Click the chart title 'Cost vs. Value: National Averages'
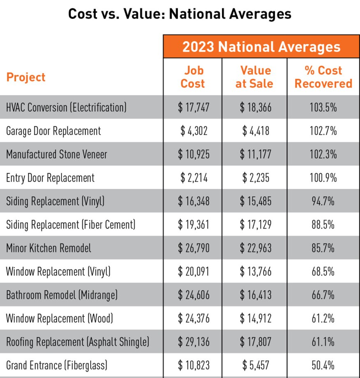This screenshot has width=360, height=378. pyautogui.click(x=180, y=14)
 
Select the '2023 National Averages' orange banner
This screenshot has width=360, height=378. pyautogui.click(x=261, y=47)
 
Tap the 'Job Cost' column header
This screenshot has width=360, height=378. pyautogui.click(x=193, y=77)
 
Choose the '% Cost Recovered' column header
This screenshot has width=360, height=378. pyautogui.click(x=323, y=77)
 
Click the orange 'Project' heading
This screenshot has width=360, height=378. pyautogui.click(x=26, y=77)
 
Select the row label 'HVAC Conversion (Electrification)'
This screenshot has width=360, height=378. pyautogui.click(x=66, y=108)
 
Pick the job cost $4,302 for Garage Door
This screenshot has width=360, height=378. pyautogui.click(x=194, y=131)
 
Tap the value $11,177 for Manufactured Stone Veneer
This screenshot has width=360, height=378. pyautogui.click(x=255, y=154)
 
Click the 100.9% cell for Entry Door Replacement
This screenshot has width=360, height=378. pyautogui.click(x=323, y=178)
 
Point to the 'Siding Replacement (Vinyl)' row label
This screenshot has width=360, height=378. pyautogui.click(x=55, y=201)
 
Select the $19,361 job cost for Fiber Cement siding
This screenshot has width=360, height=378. pyautogui.click(x=194, y=225)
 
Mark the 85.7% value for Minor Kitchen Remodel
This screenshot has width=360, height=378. pyautogui.click(x=323, y=248)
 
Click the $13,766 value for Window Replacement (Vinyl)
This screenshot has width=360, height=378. pyautogui.click(x=255, y=271)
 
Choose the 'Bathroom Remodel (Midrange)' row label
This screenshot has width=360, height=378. pyautogui.click(x=62, y=295)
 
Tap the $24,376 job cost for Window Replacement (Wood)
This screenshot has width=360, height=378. pyautogui.click(x=194, y=318)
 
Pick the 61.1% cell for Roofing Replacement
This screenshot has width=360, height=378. pyautogui.click(x=323, y=341)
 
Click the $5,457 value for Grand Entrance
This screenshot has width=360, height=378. pyautogui.click(x=255, y=365)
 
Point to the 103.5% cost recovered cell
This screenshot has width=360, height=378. pyautogui.click(x=323, y=108)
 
